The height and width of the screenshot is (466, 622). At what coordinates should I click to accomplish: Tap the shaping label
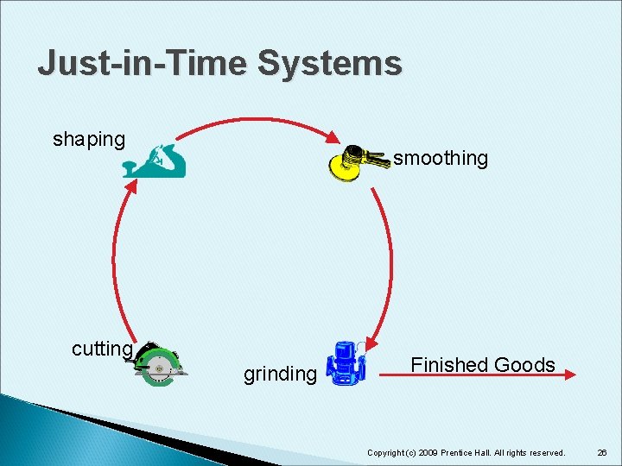[x=89, y=139]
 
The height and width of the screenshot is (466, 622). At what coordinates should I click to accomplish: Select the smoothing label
[x=441, y=158]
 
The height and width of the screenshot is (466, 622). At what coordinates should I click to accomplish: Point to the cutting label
[x=102, y=349]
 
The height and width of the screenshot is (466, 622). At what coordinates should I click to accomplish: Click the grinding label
[x=280, y=374]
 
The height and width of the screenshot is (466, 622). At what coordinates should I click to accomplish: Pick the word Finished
[x=449, y=364]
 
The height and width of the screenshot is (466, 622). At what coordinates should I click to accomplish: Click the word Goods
[x=524, y=364]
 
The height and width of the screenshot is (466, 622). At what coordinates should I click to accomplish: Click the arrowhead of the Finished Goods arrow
[x=569, y=375]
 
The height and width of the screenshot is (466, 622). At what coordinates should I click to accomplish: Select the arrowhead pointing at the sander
[x=333, y=138]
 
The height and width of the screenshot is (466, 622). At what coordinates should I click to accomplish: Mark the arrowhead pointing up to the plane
[x=131, y=186]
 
